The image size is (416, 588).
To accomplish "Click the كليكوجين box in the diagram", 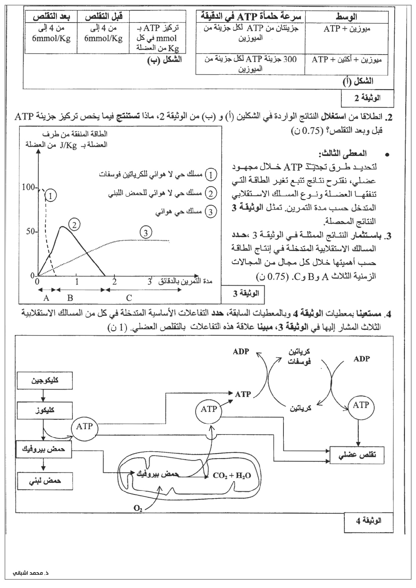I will click(44, 380).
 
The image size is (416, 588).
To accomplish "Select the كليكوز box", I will click(44, 410).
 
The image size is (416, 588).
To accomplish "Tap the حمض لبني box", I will click(44, 481).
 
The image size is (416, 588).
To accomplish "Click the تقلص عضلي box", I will click(357, 455).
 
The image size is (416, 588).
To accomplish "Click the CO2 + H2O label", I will click(232, 476).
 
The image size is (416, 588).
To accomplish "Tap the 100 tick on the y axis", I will click(29, 187).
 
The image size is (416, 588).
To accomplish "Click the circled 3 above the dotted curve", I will click(146, 233).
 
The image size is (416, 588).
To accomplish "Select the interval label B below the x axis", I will click(70, 297).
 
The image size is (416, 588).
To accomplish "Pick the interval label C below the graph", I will click(129, 297).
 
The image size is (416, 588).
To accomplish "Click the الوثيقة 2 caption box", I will click(367, 98).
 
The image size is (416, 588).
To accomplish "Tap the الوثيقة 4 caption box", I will click(368, 530).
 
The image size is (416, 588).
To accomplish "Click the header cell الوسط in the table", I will click(346, 16).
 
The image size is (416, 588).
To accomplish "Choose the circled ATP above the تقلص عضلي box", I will click(361, 405).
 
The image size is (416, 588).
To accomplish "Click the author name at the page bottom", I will click(31, 573).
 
